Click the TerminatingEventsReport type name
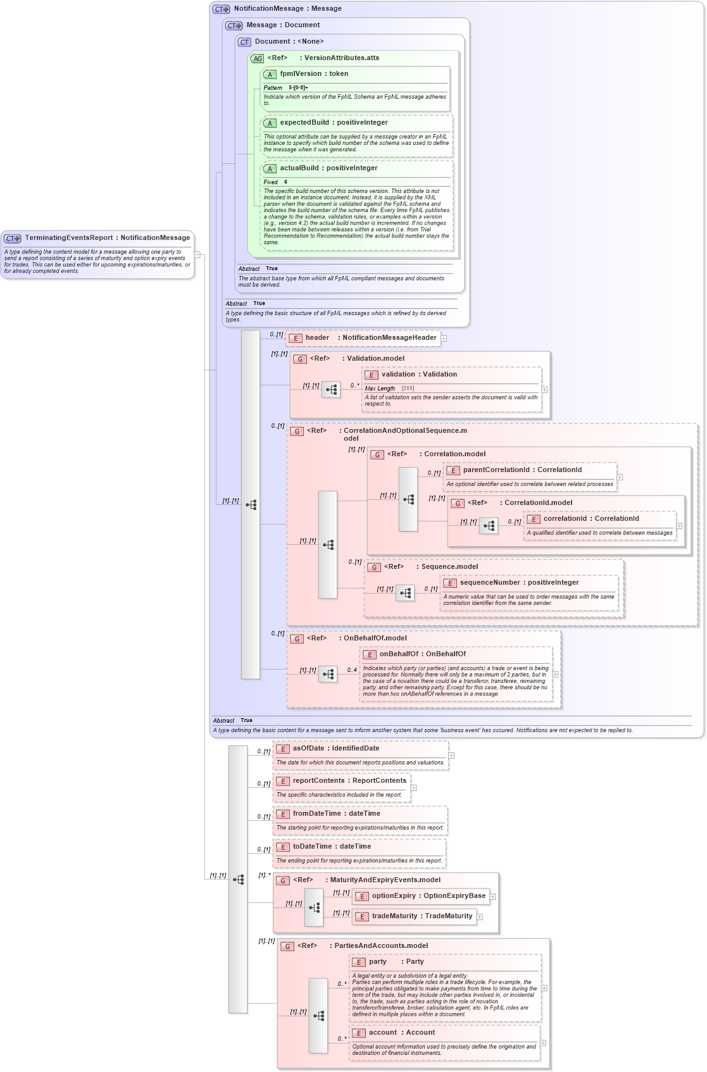69,238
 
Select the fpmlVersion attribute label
301,74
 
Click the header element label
317,338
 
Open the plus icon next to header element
444,339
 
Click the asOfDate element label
308,749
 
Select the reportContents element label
318,781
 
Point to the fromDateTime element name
316,814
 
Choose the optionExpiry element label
394,896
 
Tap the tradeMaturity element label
394,916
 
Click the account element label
383,1033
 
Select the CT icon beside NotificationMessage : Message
221,9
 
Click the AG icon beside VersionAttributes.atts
257,58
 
